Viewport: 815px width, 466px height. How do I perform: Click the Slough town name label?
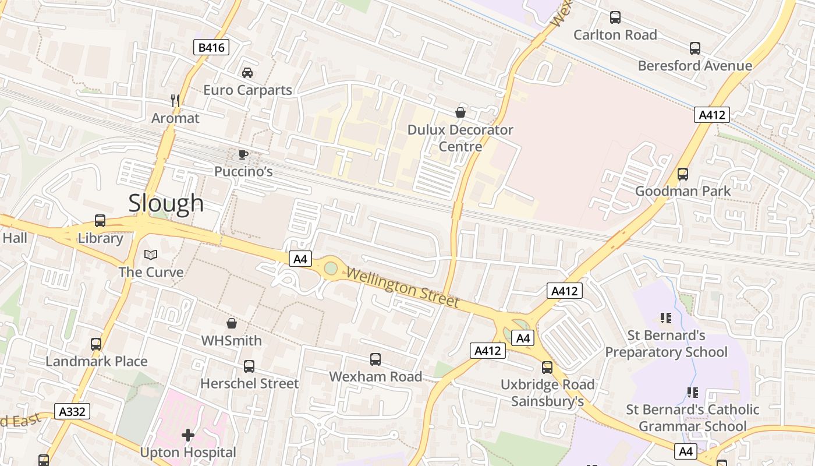click(x=166, y=203)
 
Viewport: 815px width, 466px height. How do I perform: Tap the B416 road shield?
click(x=211, y=48)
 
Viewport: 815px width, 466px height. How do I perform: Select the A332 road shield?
click(x=73, y=412)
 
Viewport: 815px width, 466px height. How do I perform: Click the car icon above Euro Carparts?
click(x=247, y=73)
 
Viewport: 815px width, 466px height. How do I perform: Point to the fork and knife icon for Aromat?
click(x=175, y=101)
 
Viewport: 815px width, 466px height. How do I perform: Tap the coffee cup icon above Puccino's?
click(x=243, y=154)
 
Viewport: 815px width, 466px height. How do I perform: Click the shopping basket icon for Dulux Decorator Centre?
click(x=460, y=112)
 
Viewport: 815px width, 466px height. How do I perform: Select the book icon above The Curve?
click(x=151, y=255)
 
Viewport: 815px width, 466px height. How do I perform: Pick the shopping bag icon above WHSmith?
click(x=232, y=323)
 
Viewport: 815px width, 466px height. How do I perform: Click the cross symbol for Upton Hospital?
click(x=187, y=435)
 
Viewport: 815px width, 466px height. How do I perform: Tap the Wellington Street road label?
click(x=403, y=288)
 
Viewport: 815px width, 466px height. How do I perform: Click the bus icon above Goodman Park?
click(x=683, y=174)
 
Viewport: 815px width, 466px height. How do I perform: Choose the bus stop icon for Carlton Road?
click(x=615, y=17)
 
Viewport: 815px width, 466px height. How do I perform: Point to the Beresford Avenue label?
click(x=694, y=66)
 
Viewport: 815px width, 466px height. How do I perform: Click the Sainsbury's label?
click(x=547, y=401)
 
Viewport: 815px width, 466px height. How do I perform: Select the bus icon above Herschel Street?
click(x=249, y=366)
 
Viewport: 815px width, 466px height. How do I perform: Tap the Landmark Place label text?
click(x=97, y=361)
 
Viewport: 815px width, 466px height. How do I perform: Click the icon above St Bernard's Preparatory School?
click(x=666, y=318)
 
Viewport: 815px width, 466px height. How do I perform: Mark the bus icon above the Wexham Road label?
click(x=375, y=359)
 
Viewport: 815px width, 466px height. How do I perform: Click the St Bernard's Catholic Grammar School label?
click(x=692, y=418)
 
